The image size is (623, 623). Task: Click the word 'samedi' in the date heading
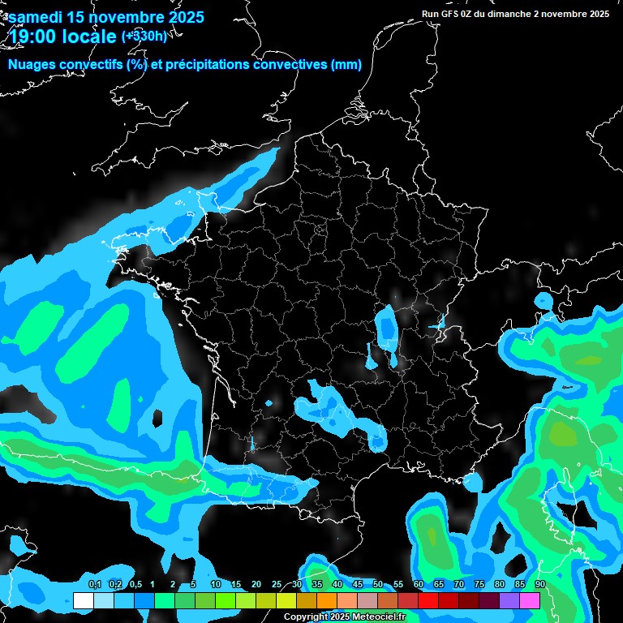pos(35,17)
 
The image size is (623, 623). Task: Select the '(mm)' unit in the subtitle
pos(346,65)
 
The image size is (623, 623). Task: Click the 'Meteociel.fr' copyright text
pos(378,617)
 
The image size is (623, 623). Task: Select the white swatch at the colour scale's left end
pos(83,601)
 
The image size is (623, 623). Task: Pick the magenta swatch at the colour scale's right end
pos(530,601)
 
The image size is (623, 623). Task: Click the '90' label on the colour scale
pos(540,584)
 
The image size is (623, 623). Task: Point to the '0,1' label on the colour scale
pos(94,584)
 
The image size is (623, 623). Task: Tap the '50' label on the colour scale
pos(378,584)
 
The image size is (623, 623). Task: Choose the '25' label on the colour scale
pos(277,584)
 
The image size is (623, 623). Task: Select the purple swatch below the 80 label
pos(509,601)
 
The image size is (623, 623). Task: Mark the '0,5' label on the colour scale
pos(135,584)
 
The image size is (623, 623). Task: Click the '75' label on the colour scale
pos(479,584)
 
